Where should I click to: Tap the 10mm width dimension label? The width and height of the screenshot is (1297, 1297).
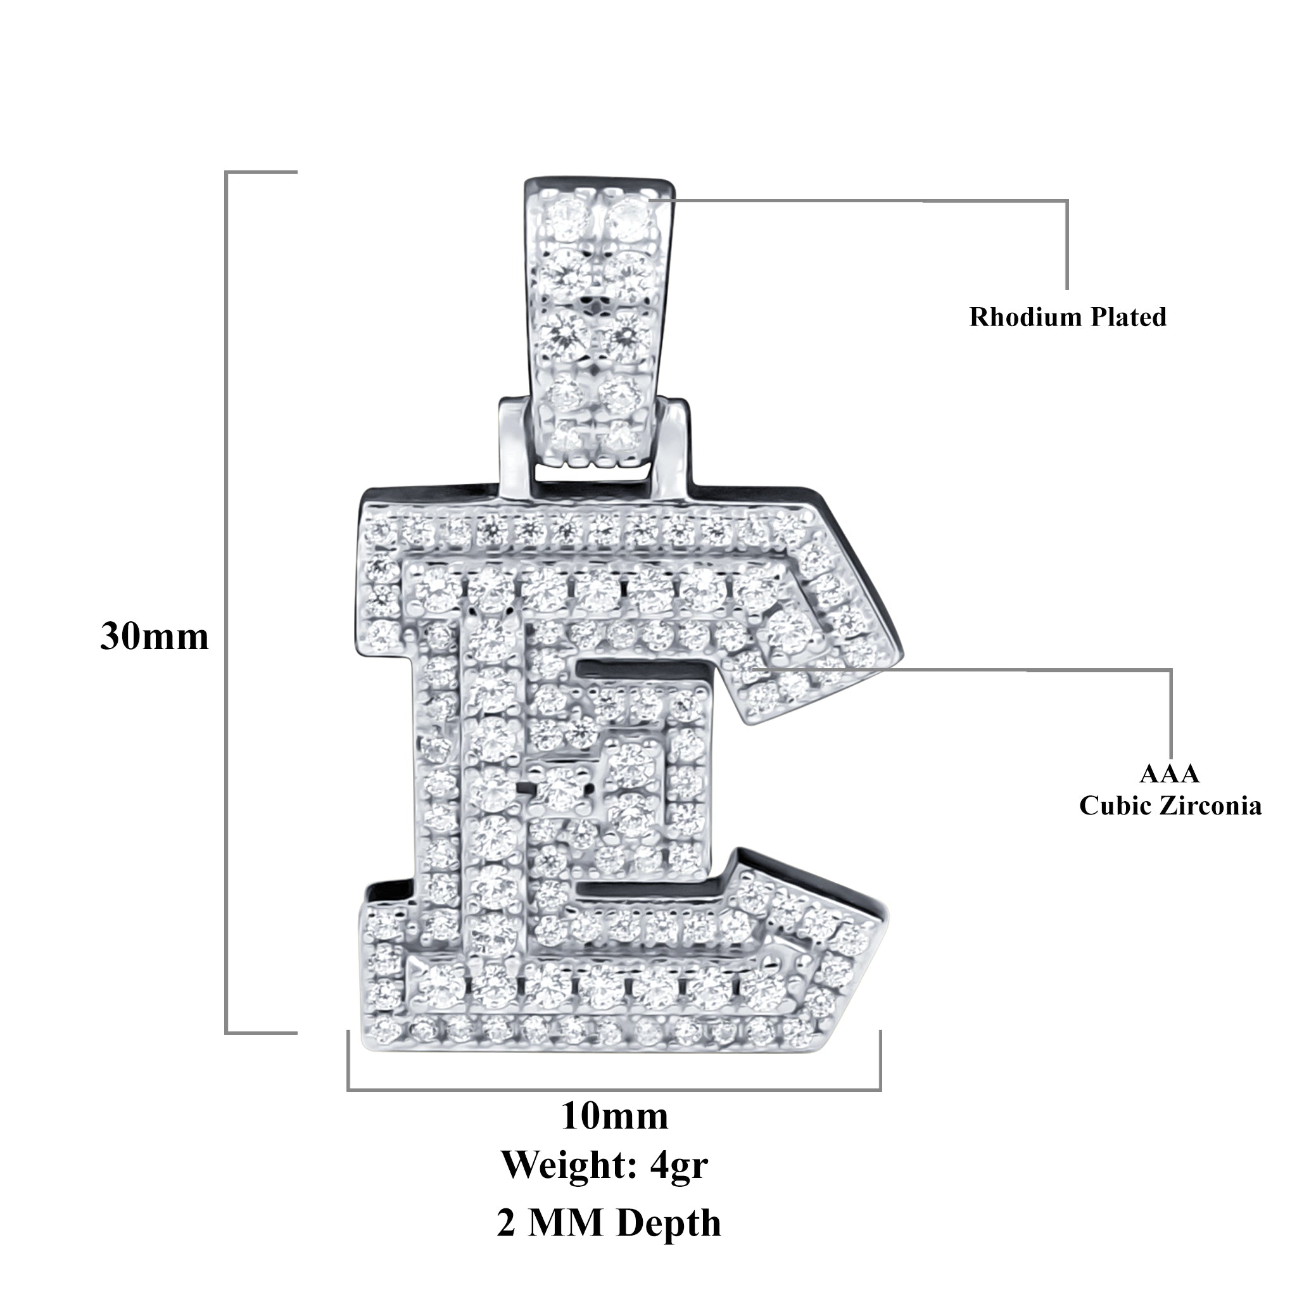point(614,1117)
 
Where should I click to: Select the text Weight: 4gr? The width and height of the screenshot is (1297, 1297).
point(605,1165)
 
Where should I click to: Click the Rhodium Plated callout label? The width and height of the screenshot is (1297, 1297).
point(1067,317)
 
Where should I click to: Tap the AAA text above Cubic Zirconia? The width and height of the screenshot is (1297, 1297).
point(1170,773)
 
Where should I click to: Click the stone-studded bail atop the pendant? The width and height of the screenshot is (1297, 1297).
point(597,322)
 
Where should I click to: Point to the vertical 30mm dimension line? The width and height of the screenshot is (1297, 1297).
point(226,604)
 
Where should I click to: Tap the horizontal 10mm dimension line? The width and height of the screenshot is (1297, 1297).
point(614,1089)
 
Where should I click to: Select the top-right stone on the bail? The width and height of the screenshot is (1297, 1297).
point(630,215)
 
